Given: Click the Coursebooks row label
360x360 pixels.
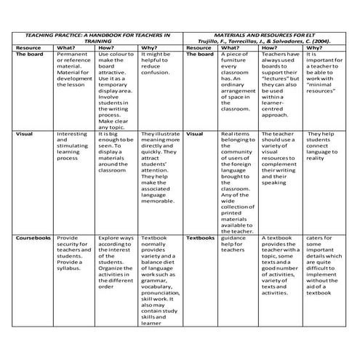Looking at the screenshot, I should pos(32,238).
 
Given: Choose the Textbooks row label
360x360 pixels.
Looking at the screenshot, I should pos(200,238).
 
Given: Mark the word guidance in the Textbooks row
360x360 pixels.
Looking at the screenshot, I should pos(233,238).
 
